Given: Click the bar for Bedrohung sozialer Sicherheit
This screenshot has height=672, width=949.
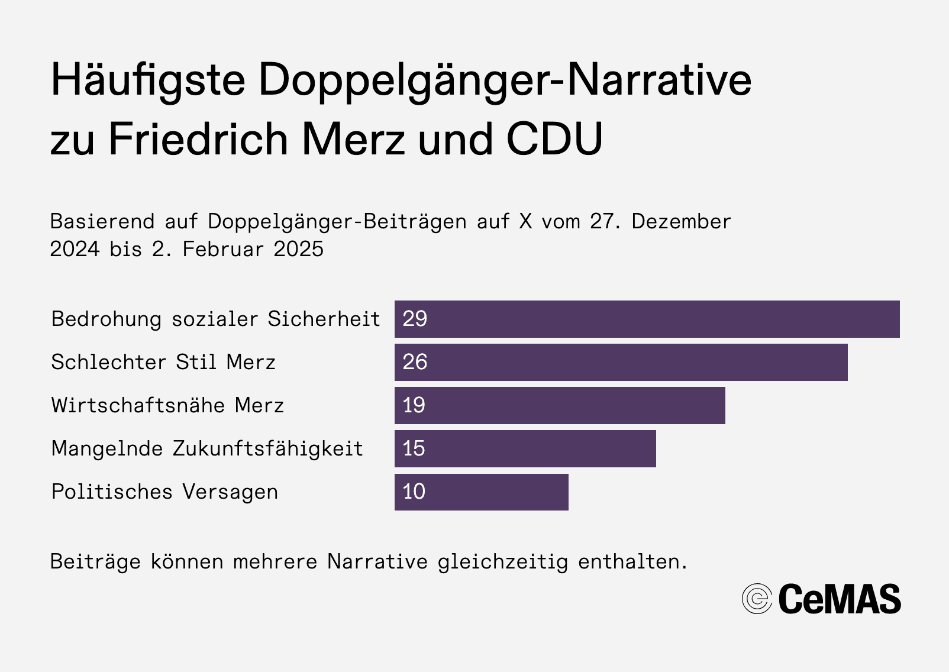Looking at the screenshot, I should tap(647, 319).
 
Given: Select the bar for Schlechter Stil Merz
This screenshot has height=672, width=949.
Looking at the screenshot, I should tap(621, 363).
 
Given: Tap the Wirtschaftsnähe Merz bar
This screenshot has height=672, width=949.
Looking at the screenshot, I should tap(560, 406).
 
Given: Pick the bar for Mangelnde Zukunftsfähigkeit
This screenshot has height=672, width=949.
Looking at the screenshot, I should tap(525, 449).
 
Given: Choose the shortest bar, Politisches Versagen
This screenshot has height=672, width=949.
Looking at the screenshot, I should tap(482, 492).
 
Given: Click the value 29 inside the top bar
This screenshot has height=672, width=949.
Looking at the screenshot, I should tap(415, 319).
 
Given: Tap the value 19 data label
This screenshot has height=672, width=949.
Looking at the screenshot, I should tap(414, 406).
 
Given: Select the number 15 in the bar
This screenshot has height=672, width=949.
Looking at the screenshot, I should tap(414, 449).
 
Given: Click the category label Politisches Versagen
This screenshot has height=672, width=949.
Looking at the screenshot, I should tap(164, 492).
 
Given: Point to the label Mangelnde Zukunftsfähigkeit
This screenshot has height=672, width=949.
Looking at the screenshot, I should tap(207, 449).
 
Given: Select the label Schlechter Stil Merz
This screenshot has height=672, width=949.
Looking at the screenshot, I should tap(163, 363).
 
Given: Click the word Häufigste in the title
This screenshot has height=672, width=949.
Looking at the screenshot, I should tap(148, 80).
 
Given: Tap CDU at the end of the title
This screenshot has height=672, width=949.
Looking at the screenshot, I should tap(554, 140).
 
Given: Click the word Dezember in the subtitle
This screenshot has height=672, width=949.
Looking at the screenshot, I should tap(681, 222).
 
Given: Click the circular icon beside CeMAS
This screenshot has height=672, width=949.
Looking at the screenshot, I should tap(757, 599).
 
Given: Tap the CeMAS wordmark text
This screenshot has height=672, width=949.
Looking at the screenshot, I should tap(840, 599).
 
